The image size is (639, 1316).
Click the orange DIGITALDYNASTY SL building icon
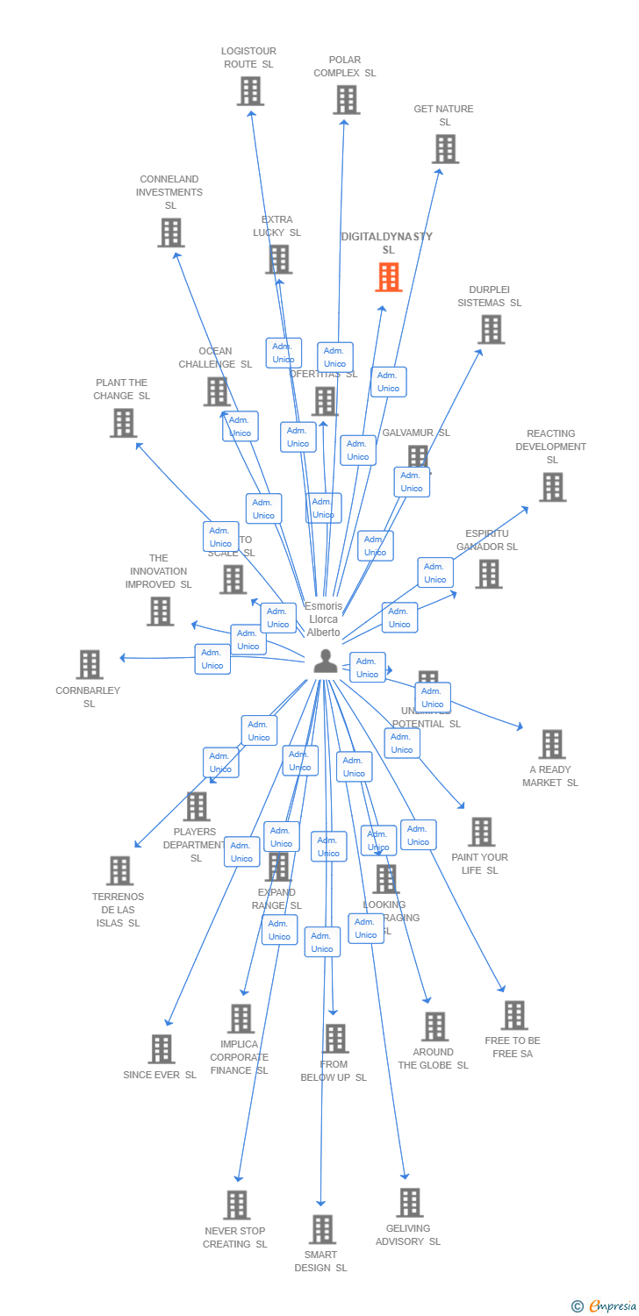[388, 277]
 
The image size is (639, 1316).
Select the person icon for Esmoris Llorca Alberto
[326, 662]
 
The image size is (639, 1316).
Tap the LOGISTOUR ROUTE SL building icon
[250, 90]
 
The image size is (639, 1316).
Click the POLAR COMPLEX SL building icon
[346, 99]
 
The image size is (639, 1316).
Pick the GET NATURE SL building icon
[445, 148]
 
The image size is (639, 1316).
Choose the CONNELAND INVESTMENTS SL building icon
[170, 232]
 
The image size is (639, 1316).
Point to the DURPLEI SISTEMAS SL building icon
[491, 329]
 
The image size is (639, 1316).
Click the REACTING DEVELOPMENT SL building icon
[552, 487]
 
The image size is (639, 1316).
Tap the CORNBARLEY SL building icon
[90, 664]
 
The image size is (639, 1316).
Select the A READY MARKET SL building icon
[551, 744]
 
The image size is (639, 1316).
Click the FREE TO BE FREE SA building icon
[513, 1015]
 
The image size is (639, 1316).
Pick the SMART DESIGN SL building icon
[322, 1229]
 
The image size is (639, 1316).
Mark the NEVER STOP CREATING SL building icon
[236, 1205]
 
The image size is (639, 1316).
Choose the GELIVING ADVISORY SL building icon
[409, 1202]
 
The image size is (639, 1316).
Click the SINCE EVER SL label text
[160, 1075]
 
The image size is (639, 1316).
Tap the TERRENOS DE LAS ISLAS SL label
[118, 910]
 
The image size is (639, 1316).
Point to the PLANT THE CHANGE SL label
[122, 389]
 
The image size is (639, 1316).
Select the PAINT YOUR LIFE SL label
[479, 863]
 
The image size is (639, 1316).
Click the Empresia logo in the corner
[605, 1306]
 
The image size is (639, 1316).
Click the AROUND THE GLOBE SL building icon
[434, 1026]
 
